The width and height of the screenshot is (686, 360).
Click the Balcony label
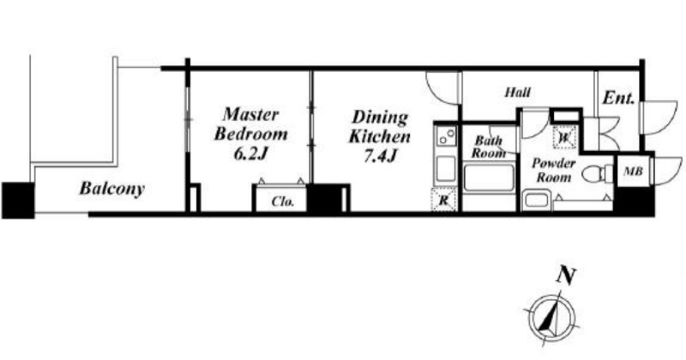[x=112, y=189]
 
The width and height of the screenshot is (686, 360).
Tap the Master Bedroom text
[x=250, y=123]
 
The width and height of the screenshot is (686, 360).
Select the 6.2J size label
[x=250, y=153]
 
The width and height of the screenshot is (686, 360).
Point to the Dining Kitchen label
[x=379, y=127]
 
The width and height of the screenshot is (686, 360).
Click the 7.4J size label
[x=380, y=156]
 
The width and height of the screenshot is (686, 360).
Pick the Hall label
[x=518, y=93]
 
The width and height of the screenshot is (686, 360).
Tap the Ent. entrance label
[x=618, y=98]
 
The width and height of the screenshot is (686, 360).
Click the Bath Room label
[x=488, y=147]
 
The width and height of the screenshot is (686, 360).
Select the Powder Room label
[x=553, y=171]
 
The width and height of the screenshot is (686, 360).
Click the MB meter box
[x=633, y=171]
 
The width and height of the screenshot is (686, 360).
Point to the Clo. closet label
[x=283, y=201]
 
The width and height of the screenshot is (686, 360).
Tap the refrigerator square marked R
[x=444, y=201]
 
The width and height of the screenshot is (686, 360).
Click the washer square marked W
[x=564, y=137]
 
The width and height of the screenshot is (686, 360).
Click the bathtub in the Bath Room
[x=489, y=177]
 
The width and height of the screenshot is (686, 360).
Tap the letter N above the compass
[x=566, y=276]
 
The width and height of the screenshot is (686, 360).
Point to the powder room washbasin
[x=536, y=200]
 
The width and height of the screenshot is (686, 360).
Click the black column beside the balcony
[x=18, y=201]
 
